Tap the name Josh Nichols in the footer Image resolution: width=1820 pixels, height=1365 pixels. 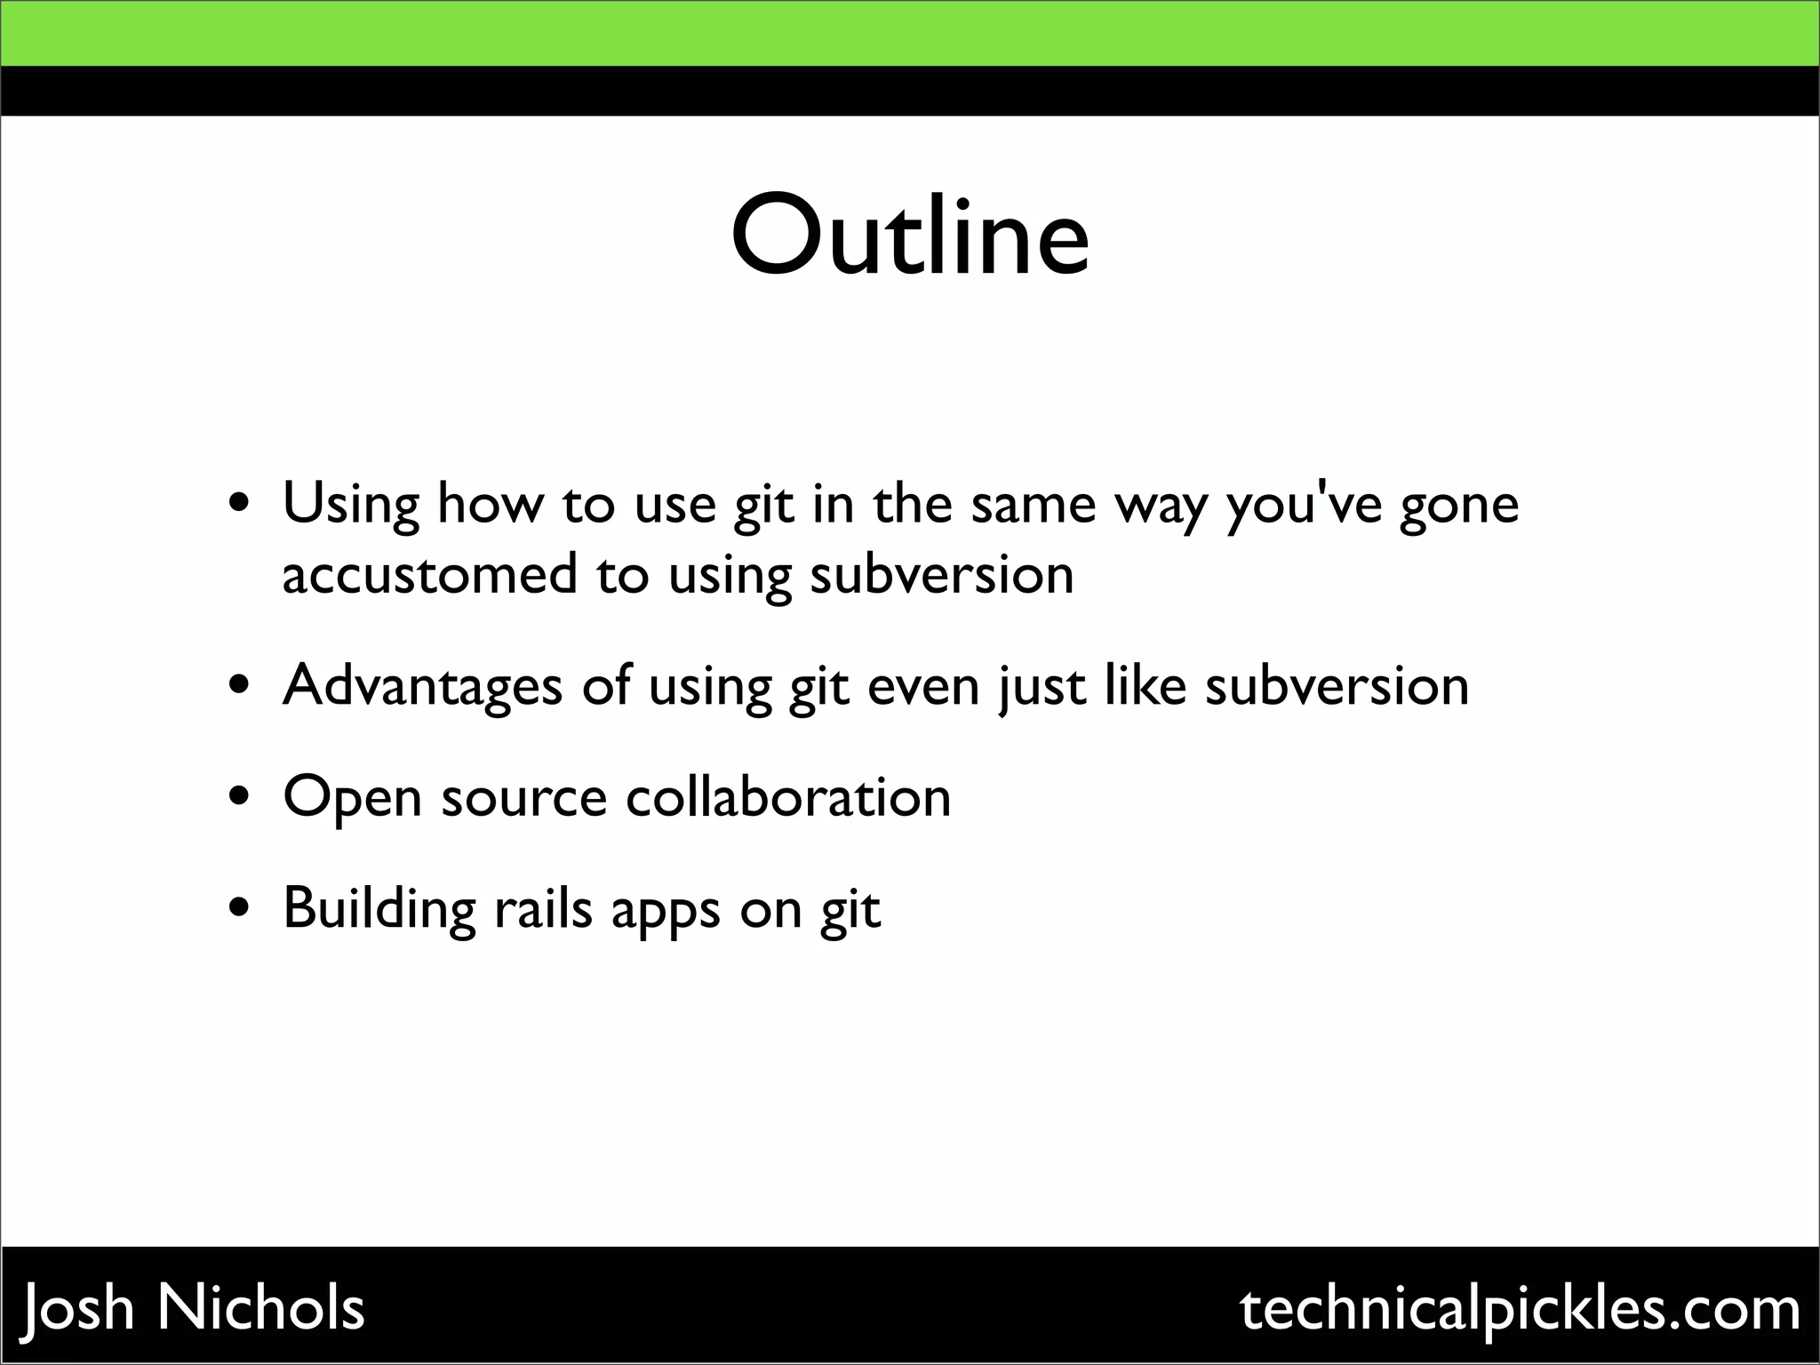point(193,1308)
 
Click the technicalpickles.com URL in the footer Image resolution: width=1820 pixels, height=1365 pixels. point(1521,1308)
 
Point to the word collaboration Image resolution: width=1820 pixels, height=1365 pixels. point(788,796)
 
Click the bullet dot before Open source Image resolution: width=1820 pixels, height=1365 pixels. point(240,797)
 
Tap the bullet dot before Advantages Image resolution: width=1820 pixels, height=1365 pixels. point(240,686)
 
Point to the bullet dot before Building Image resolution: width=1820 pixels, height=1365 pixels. point(240,909)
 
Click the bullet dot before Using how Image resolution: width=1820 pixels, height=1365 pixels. point(240,504)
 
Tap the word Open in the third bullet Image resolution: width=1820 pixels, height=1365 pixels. point(352,798)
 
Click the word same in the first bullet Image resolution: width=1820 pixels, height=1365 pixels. point(1034,505)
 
